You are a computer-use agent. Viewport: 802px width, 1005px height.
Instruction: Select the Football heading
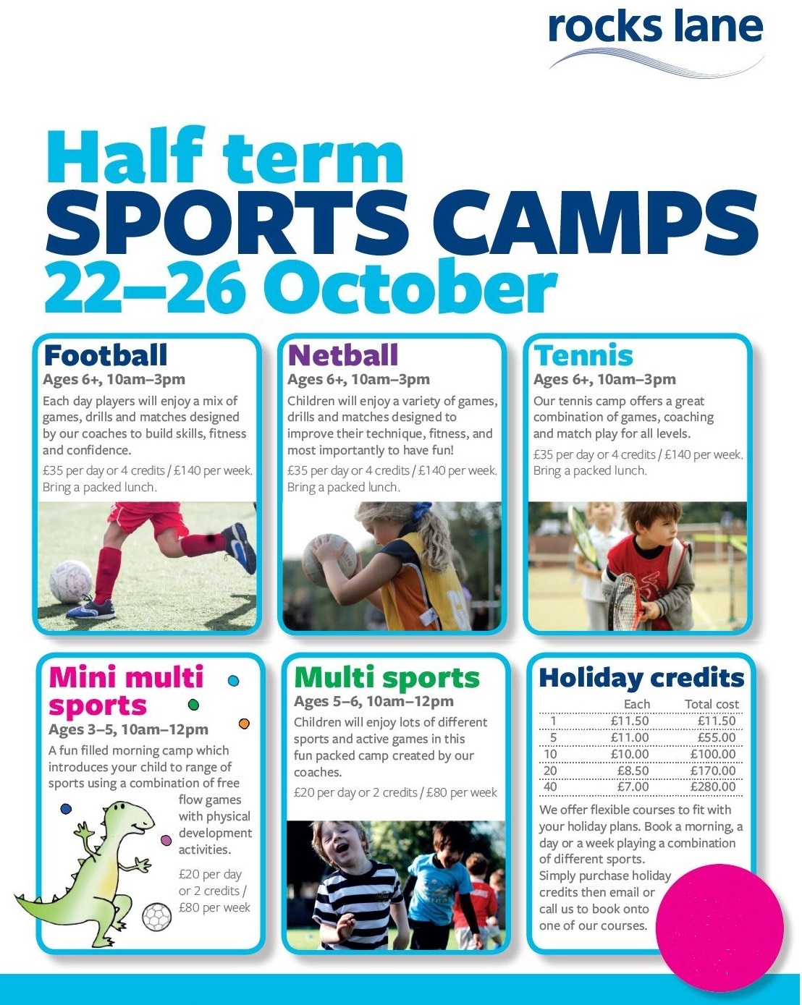(106, 355)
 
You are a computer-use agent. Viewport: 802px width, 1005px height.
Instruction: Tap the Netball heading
(343, 355)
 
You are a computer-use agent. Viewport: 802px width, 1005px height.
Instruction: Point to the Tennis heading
(583, 355)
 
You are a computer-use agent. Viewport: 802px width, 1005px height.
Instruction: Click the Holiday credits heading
(641, 678)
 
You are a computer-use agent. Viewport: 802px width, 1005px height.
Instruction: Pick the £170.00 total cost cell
(712, 771)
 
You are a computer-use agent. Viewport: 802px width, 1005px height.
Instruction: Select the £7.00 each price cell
(633, 787)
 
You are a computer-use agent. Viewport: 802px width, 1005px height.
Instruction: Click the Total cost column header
(712, 704)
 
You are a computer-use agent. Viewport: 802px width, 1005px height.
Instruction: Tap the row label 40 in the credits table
(550, 787)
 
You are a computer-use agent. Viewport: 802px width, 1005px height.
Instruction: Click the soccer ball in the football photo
(70, 581)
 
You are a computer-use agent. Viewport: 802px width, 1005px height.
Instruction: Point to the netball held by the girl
(329, 557)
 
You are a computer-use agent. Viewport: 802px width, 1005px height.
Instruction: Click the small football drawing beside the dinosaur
(157, 917)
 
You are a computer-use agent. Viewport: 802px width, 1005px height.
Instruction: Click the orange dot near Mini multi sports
(244, 724)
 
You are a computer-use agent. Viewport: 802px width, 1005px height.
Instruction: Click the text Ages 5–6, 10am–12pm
(373, 701)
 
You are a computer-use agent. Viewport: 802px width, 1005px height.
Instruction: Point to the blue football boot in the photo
(240, 546)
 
